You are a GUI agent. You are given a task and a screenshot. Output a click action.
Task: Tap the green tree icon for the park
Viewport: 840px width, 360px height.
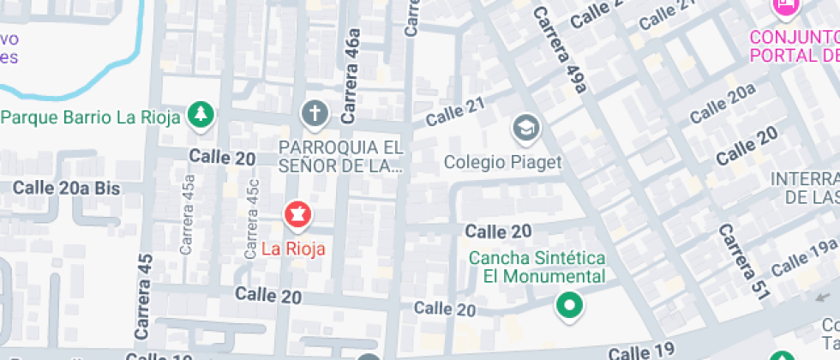pos(201,114)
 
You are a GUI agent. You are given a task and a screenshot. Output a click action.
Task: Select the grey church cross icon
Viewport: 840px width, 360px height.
pos(315,113)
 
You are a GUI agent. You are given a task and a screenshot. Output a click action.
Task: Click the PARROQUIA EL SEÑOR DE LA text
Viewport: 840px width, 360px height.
pos(340,156)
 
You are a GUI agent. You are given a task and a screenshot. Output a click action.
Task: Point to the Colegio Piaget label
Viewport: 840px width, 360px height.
pos(503,162)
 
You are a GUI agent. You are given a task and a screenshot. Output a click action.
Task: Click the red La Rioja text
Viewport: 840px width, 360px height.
pos(293,249)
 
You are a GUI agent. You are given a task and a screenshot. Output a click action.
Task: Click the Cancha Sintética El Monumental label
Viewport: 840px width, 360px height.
pos(537,267)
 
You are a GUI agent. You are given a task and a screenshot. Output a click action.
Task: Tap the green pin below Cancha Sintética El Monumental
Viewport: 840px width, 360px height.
pos(567,304)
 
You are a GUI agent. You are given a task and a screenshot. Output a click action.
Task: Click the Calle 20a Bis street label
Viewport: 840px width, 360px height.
pos(66,188)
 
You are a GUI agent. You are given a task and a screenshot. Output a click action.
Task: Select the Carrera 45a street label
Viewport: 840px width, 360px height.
pos(188,214)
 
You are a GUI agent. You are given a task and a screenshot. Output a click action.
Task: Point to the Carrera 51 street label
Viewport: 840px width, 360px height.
pos(740,261)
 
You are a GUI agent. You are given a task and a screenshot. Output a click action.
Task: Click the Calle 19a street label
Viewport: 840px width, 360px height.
pos(803,257)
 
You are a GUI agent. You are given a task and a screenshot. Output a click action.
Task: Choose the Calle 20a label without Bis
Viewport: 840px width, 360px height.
pos(722,104)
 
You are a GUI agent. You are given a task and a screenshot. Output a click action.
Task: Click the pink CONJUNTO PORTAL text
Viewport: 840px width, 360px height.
pos(793,46)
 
